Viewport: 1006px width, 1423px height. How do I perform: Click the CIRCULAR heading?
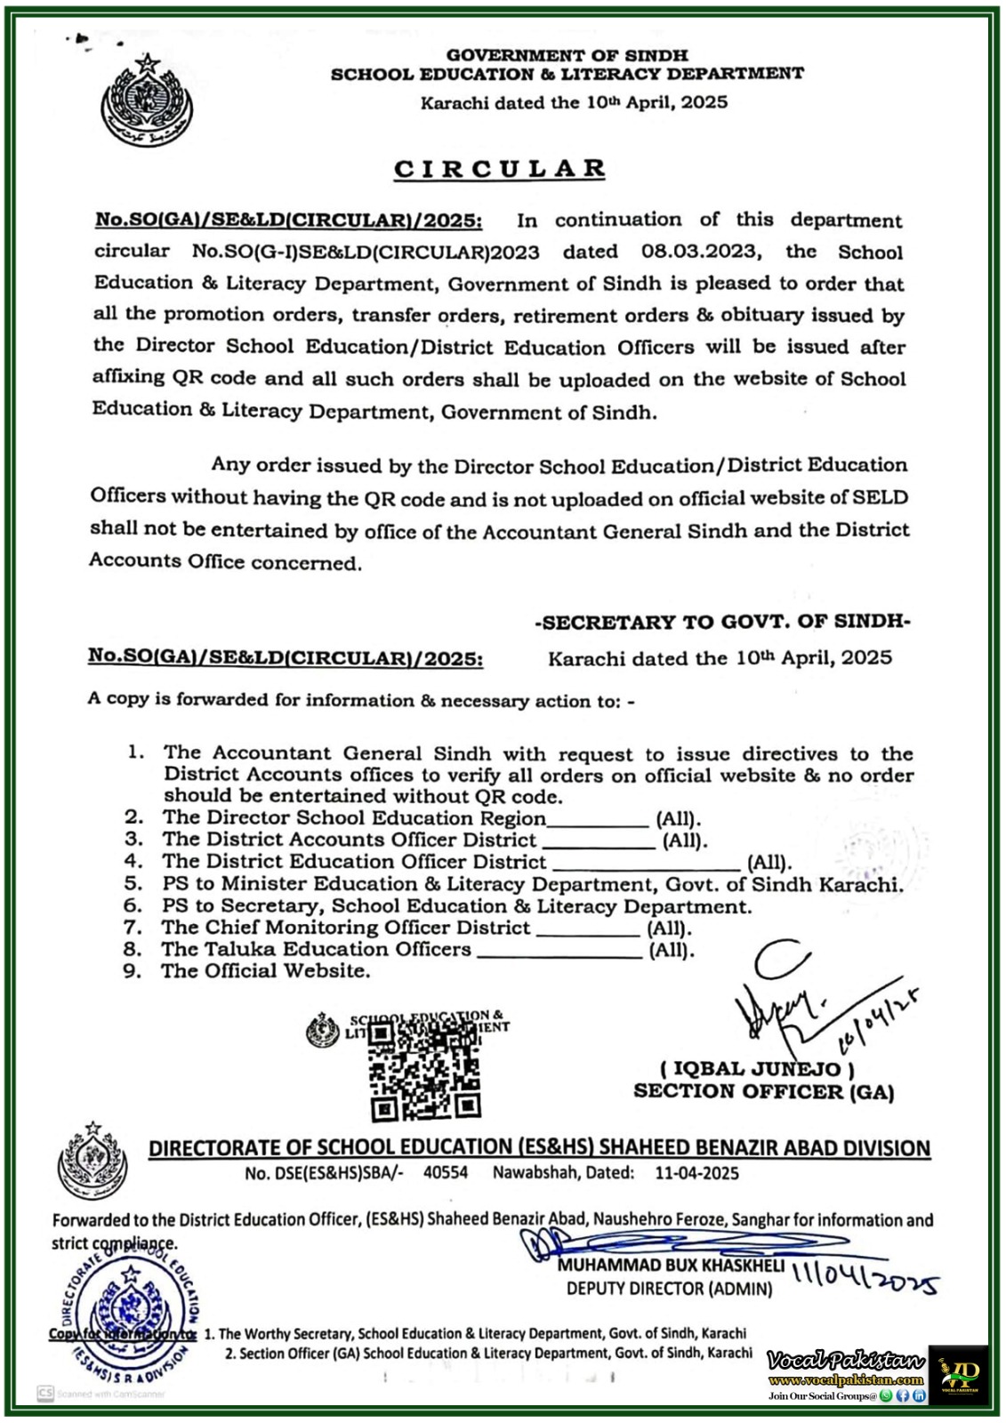500,169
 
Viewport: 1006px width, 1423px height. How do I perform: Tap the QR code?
425,1072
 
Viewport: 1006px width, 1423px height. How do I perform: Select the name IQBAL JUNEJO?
757,1068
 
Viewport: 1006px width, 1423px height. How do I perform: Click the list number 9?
133,971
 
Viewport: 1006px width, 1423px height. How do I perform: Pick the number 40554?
446,1172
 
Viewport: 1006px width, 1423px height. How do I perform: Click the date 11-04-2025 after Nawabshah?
696,1172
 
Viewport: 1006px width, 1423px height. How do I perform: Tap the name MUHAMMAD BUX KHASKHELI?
671,1265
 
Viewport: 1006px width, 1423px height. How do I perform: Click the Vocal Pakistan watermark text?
846,1361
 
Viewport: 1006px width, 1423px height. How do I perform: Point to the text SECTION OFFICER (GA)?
763,1091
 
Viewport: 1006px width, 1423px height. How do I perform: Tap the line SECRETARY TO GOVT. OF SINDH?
722,623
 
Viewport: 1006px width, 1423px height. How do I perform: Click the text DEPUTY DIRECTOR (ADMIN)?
670,1288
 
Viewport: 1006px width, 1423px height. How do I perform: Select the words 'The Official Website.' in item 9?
265,971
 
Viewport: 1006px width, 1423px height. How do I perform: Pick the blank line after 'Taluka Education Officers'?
559,952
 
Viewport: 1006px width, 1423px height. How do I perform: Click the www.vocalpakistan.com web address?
846,1380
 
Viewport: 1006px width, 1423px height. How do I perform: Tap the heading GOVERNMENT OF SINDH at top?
567,55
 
